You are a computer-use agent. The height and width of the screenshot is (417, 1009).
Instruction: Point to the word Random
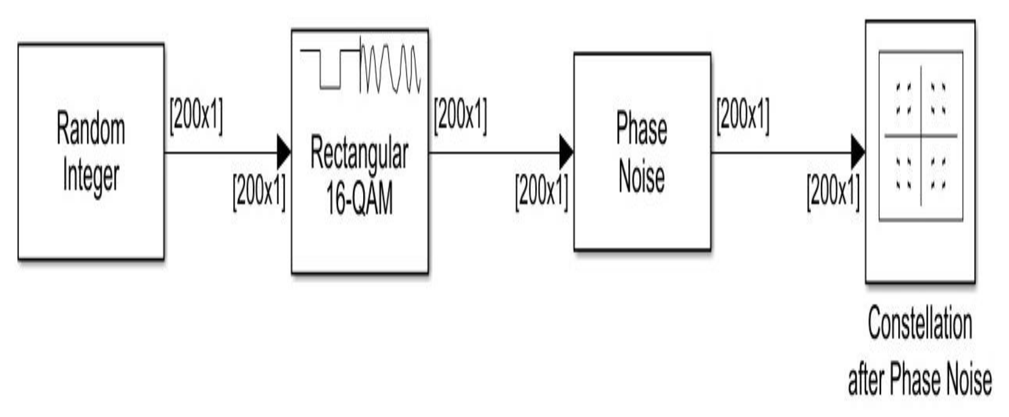click(x=91, y=129)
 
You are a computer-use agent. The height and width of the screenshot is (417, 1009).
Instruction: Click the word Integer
click(x=91, y=176)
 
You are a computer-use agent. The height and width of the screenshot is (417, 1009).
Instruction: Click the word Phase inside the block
click(x=642, y=129)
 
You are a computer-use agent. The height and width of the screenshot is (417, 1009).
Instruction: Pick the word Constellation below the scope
click(x=920, y=325)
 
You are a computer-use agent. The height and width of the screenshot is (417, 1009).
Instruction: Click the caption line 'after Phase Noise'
click(x=920, y=380)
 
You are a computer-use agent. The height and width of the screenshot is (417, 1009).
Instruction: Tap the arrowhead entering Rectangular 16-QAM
click(x=284, y=152)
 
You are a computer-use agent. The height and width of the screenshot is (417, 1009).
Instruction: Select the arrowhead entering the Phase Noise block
click(x=566, y=152)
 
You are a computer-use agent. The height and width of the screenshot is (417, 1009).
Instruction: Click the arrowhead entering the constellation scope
click(x=858, y=152)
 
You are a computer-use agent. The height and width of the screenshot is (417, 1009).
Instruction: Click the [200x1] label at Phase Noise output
click(x=743, y=115)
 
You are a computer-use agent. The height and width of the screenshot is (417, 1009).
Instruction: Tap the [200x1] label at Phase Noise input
click(x=542, y=190)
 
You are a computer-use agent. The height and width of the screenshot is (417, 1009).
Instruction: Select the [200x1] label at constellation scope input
click(x=833, y=190)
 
